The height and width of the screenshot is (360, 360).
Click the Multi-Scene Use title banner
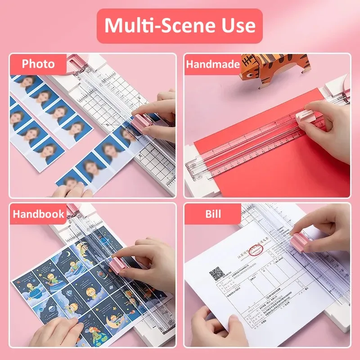[180, 26]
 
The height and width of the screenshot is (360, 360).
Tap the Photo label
[38, 64]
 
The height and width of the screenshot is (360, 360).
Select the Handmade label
[212, 64]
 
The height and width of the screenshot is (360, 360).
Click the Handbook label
[38, 214]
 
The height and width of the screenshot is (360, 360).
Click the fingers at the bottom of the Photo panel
[67, 191]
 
